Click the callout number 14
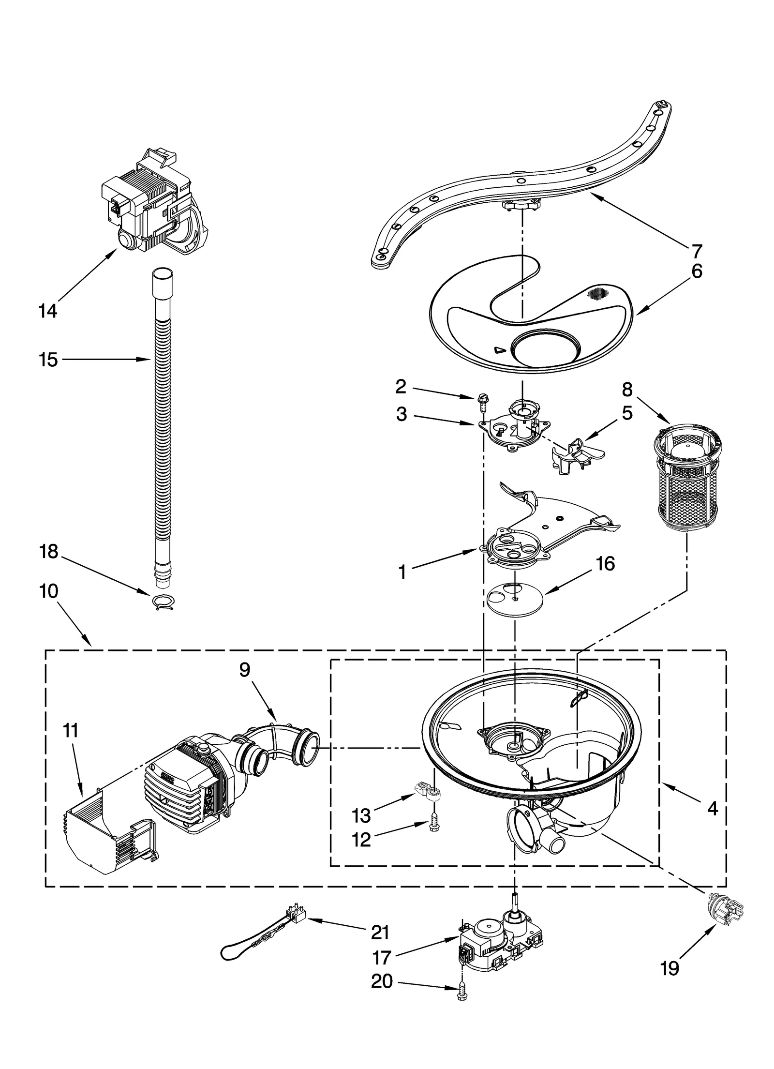48,311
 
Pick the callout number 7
696,251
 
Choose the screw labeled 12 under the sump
434,825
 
